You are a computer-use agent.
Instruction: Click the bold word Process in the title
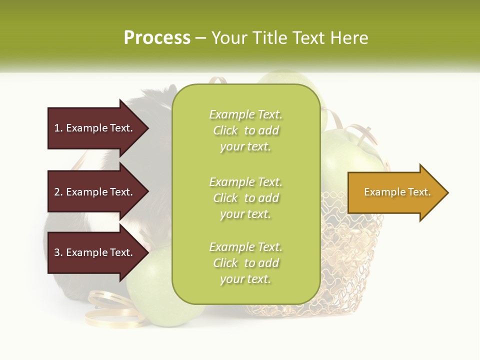coord(157,38)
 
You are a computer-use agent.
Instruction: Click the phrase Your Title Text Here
coord(289,38)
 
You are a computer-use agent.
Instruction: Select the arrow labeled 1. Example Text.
coord(95,128)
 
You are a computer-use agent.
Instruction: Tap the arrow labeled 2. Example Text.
coord(95,192)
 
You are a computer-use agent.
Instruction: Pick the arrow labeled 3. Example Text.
coord(95,252)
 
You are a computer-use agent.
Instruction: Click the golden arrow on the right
coord(395,192)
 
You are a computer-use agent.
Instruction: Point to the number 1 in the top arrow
coord(57,128)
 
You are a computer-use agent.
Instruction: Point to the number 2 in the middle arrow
coord(57,192)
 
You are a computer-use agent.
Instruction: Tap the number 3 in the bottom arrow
coord(57,252)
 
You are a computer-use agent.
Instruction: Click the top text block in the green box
coord(245,130)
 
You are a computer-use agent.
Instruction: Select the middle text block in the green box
coord(245,198)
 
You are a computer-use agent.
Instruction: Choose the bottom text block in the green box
coord(245,263)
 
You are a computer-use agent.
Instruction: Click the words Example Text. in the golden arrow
coord(397,192)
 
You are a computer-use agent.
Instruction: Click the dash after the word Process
coord(201,38)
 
